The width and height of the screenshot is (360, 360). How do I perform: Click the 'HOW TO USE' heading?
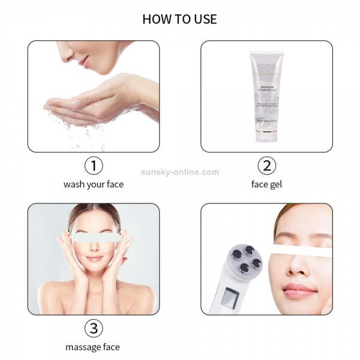(179, 19)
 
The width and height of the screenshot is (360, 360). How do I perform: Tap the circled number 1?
(93, 166)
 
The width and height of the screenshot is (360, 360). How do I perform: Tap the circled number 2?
(266, 166)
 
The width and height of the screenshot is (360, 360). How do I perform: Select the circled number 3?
(93, 328)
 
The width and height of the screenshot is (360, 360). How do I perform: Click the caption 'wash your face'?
(93, 184)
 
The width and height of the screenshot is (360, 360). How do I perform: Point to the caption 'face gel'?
(266, 184)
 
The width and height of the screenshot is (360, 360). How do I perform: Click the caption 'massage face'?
(93, 347)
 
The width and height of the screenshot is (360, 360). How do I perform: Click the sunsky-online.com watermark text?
(179, 172)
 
